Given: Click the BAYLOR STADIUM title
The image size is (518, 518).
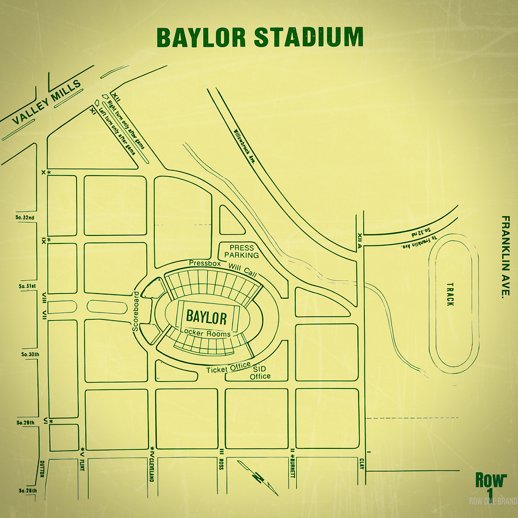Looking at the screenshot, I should pos(260,37).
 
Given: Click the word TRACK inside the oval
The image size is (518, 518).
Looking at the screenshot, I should pos(450,294).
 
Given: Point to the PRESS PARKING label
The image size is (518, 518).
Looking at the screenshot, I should pos(241,252).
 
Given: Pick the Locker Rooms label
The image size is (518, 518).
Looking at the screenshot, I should pos(205,333).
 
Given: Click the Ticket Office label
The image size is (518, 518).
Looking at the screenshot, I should pos(228,367).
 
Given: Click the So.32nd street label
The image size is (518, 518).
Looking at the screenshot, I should pos(25,218).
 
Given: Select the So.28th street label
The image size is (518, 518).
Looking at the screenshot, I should pos(27,490).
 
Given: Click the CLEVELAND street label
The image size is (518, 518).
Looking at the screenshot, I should pos(153,470).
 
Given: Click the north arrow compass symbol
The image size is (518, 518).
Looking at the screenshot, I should pos(258,477).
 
